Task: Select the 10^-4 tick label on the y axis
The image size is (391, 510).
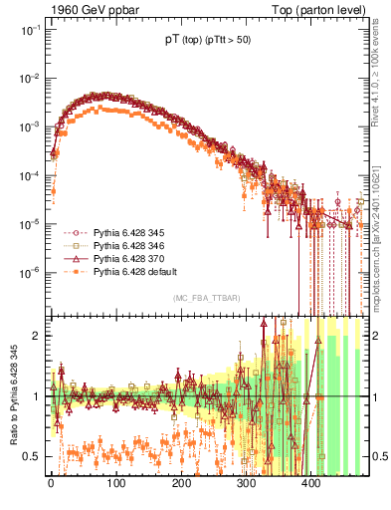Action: point(28,175)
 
